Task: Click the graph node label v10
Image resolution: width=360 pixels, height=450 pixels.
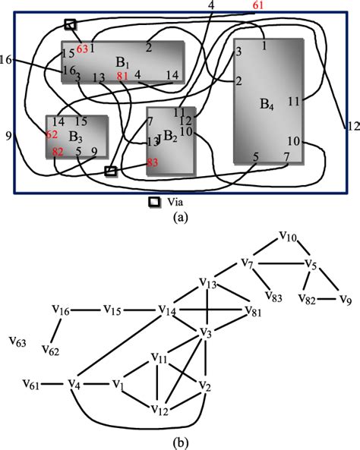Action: pyautogui.click(x=287, y=238)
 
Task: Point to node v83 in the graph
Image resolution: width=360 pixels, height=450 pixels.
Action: pyautogui.click(x=274, y=295)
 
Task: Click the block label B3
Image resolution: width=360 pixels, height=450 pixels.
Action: pyautogui.click(x=75, y=137)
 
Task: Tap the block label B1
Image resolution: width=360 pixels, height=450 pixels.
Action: pyautogui.click(x=121, y=61)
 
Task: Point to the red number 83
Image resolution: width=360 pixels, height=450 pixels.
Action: pyautogui.click(x=153, y=162)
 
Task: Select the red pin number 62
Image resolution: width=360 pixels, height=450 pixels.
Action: pyautogui.click(x=52, y=135)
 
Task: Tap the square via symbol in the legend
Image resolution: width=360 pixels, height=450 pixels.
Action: pyautogui.click(x=154, y=203)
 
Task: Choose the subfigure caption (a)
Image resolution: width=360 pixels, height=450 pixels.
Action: pyautogui.click(x=179, y=217)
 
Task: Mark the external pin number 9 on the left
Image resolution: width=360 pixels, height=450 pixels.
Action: pyautogui.click(x=8, y=137)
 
